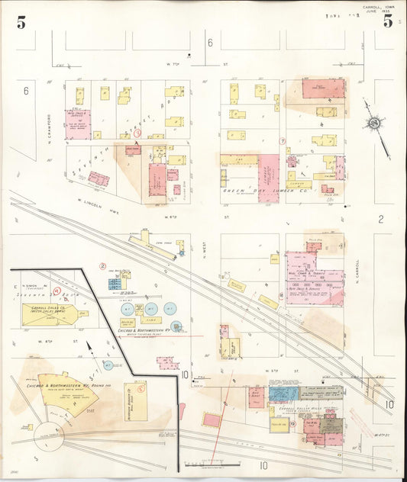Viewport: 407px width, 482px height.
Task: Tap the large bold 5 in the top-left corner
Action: pos(21,22)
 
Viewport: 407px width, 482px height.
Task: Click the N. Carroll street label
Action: pos(357,269)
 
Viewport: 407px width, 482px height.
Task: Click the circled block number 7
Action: pos(282,141)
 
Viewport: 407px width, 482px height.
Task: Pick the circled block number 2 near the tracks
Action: pos(102,266)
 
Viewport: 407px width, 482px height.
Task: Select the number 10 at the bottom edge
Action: pos(263,464)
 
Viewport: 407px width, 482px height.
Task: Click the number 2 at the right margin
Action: pos(380,220)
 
